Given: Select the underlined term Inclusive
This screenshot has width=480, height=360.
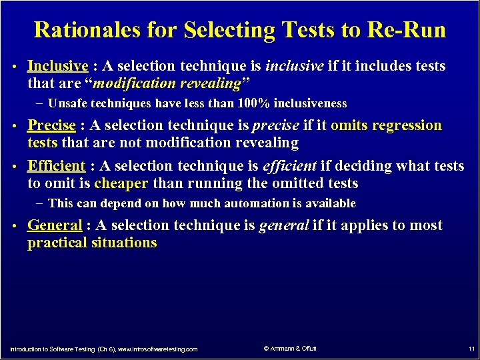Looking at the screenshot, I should coord(57,66).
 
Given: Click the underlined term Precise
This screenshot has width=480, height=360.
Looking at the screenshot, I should coord(51,125).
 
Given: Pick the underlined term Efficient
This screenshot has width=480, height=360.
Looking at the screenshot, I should coord(56,165).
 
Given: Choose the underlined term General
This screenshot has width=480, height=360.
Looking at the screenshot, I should coord(54,225).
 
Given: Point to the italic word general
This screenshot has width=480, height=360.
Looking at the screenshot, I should coord(283,225).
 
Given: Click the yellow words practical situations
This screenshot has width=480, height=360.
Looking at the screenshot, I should coord(92,243).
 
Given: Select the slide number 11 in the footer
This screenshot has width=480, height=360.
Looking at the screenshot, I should coord(471,349).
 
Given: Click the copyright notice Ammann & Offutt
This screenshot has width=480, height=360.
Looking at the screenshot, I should coord(290,348).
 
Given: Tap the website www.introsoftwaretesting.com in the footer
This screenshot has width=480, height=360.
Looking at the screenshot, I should coord(158,349).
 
